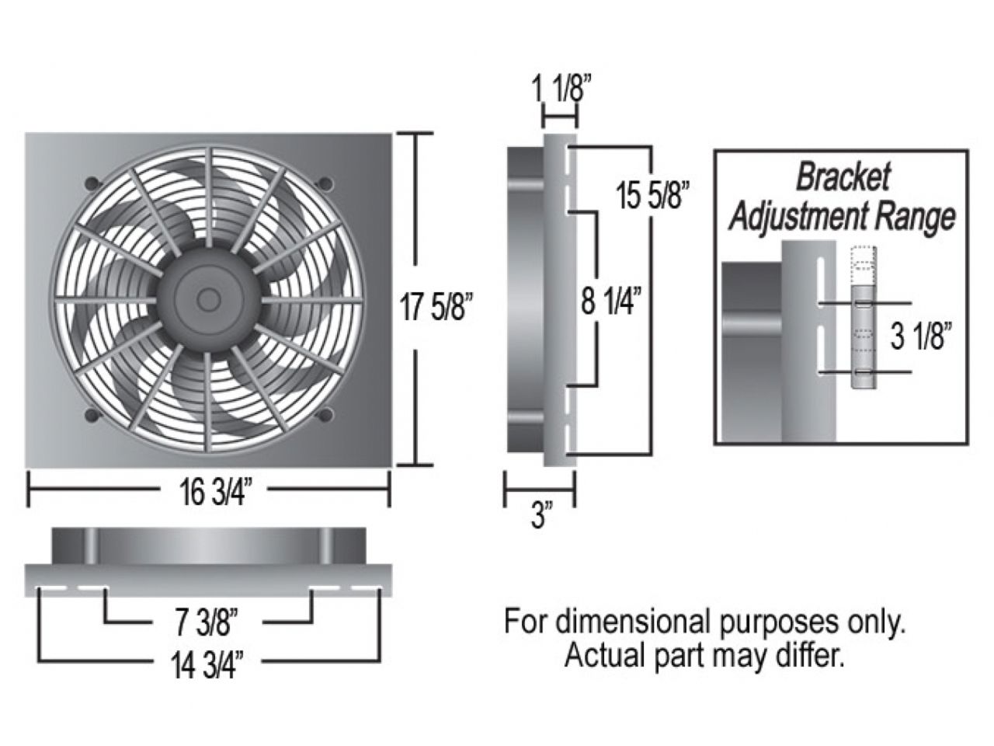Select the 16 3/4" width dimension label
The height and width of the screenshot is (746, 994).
[210, 492]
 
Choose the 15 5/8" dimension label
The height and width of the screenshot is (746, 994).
[653, 195]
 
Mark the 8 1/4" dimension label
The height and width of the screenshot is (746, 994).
[613, 299]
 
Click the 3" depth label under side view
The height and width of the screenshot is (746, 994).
[540, 516]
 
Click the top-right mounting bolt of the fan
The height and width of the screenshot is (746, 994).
[325, 183]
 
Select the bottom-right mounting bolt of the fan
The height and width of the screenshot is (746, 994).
[325, 414]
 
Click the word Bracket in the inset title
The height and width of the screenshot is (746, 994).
[842, 178]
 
